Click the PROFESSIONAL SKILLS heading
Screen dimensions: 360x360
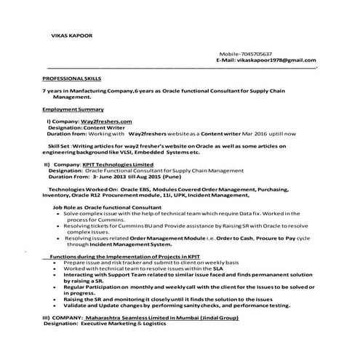72,77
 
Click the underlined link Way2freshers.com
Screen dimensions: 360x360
108,120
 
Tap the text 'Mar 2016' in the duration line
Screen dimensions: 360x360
235,134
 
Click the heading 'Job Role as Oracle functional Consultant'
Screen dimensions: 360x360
107,207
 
